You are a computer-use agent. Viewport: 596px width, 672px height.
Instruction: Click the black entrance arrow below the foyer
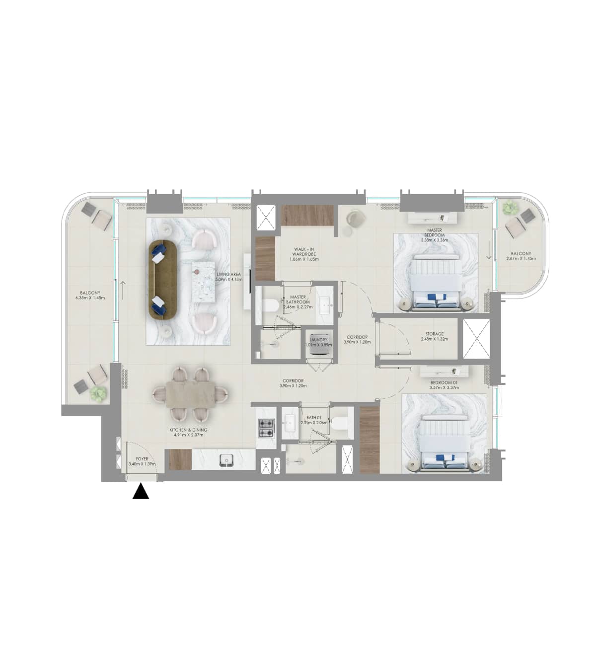point(141,492)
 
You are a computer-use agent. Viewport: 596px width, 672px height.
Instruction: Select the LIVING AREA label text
point(228,274)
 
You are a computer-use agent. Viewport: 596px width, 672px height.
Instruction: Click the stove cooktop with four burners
point(266,428)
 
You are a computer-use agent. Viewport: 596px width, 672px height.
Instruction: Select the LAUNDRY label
point(318,340)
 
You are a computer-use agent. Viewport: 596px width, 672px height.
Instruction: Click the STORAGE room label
point(434,334)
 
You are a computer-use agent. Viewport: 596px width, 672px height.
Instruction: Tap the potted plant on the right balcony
point(509,208)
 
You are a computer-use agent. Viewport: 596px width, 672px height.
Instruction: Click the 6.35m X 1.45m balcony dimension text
point(90,298)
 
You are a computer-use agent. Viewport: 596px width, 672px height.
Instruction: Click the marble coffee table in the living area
point(203,281)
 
